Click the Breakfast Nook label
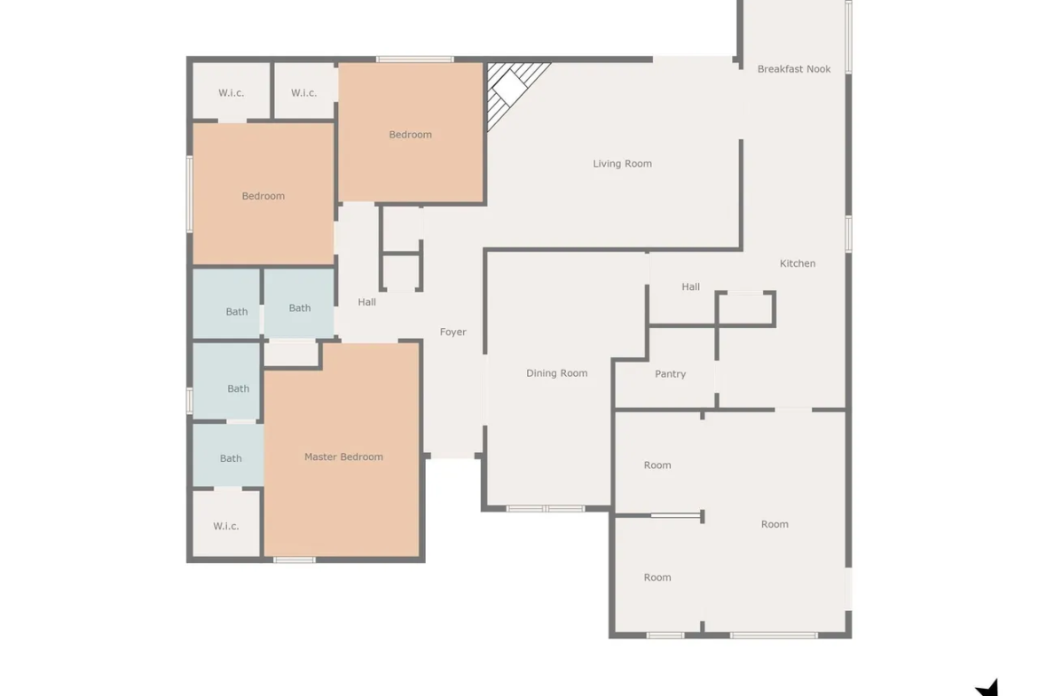[x=794, y=69]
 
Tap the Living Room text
[x=622, y=163]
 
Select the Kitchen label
[x=798, y=263]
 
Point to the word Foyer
[x=452, y=332]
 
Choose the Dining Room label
[x=557, y=373]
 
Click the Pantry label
[x=670, y=374]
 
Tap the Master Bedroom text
[x=343, y=457]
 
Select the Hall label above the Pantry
[x=690, y=286]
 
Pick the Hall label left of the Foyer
[x=366, y=301]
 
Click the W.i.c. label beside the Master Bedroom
[x=225, y=526]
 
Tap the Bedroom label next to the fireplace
[x=411, y=134]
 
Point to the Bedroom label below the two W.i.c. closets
[x=263, y=196]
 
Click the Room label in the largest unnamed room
[x=775, y=524]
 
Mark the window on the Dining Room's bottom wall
[x=546, y=509]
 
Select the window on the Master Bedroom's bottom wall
[x=295, y=560]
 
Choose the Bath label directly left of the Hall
[x=300, y=308]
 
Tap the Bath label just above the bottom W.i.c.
[x=231, y=457]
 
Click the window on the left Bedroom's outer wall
[x=190, y=194]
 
